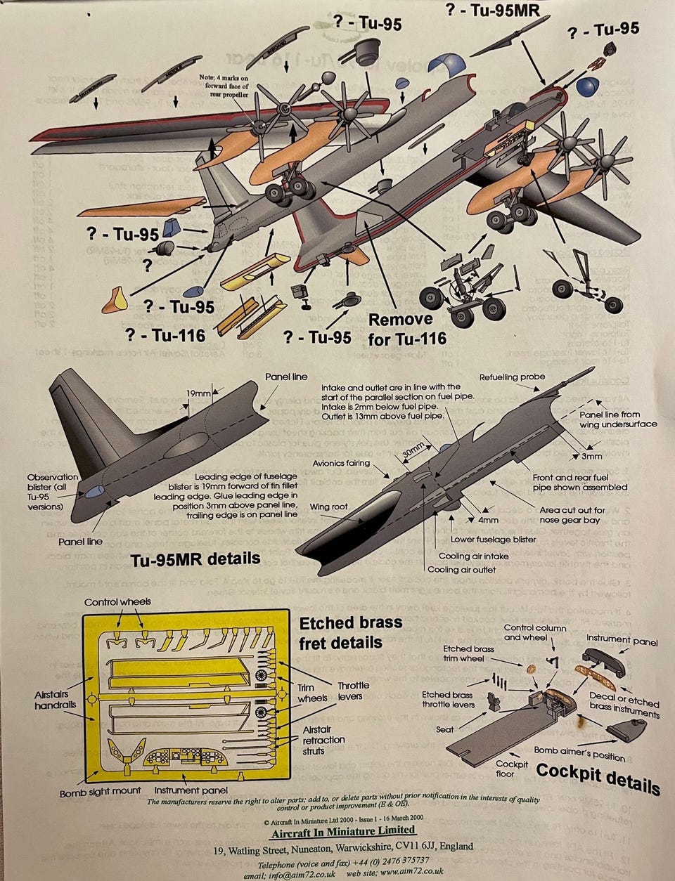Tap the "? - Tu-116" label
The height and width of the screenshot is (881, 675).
point(165,335)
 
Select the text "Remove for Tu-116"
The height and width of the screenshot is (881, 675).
point(407,329)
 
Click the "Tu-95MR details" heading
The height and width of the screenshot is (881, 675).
point(195,559)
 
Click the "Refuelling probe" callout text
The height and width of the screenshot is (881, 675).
point(512,377)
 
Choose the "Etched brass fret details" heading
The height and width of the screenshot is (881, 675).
point(350,632)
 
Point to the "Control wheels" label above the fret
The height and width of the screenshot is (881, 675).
point(117,602)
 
